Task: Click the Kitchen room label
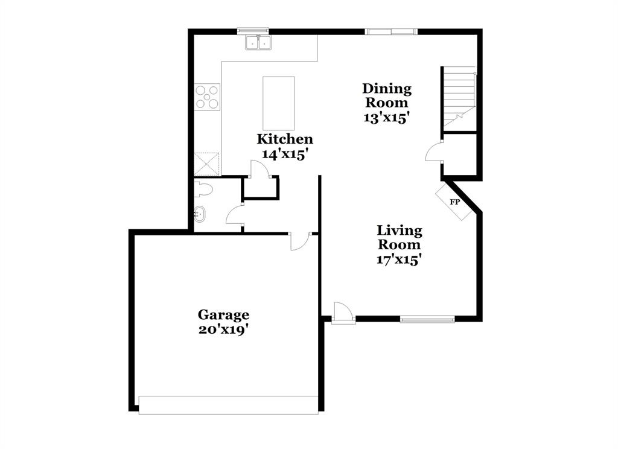285,139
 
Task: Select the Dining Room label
387,95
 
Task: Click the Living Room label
400,237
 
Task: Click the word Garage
223,314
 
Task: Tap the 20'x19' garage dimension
223,330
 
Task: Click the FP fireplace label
454,202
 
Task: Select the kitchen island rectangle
279,103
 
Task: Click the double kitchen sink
258,42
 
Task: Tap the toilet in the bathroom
205,190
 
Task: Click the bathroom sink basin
200,214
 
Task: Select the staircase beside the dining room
459,98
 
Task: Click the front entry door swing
342,313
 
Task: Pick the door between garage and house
299,240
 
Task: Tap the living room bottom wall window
427,319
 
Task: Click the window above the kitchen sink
252,30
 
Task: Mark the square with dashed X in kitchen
207,164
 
